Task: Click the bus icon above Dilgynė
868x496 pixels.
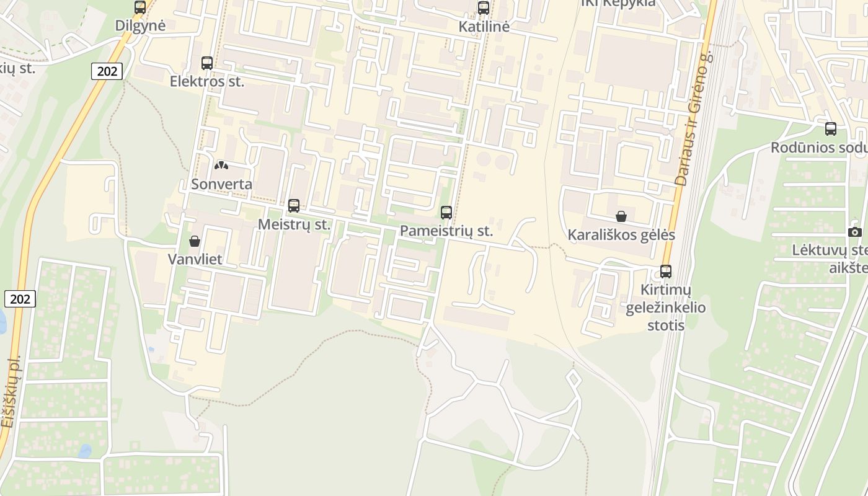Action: coord(140,7)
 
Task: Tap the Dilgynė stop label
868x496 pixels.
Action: coord(141,26)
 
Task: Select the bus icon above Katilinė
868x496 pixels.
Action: coord(484,8)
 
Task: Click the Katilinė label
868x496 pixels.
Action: coord(484,27)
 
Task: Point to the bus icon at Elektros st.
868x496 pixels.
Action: coord(207,63)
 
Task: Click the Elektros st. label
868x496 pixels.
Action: coord(207,81)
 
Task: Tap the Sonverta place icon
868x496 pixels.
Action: coord(221,166)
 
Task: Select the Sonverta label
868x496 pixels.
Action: coord(221,184)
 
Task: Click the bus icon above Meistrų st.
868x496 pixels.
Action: coord(294,206)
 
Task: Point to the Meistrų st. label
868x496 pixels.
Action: coord(294,224)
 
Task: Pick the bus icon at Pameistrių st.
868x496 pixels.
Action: coord(446,213)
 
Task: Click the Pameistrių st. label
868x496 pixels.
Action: coord(446,231)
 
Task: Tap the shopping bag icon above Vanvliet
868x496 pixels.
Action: coord(195,241)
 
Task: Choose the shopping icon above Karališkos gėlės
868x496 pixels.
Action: coord(621,216)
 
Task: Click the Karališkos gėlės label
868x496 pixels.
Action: coord(621,235)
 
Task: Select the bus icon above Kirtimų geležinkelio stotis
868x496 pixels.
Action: coord(666,272)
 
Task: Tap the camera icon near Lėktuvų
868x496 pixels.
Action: coord(855,232)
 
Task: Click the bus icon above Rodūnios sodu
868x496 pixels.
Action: coord(831,129)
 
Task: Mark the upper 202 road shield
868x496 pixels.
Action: coord(107,71)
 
